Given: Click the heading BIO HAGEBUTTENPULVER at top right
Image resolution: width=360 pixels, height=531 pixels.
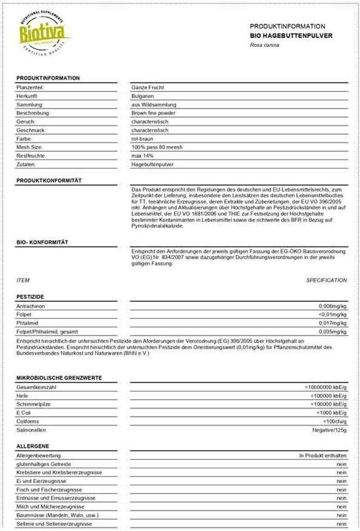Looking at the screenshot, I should [x=291, y=36].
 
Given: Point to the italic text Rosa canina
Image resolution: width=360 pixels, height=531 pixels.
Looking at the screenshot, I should [x=265, y=45].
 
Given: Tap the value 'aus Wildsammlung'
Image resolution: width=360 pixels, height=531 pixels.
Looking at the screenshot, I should [x=154, y=105].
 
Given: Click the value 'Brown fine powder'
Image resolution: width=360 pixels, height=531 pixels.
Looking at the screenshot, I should [x=154, y=113].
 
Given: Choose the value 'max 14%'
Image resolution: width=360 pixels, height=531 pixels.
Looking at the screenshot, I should [x=143, y=156].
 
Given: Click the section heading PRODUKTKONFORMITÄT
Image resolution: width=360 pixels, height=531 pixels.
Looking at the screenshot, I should [x=49, y=180].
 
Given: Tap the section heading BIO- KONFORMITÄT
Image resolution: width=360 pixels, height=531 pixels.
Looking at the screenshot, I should [x=42, y=242].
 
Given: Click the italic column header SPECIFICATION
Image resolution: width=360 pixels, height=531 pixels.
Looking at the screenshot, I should [x=326, y=281].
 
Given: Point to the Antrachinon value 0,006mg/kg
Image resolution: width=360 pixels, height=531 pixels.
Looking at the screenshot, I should [x=333, y=306].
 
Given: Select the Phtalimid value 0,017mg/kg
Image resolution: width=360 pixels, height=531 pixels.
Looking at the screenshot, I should [x=333, y=323].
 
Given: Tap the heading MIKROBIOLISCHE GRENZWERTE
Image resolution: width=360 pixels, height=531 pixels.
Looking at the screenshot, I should [x=59, y=378].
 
